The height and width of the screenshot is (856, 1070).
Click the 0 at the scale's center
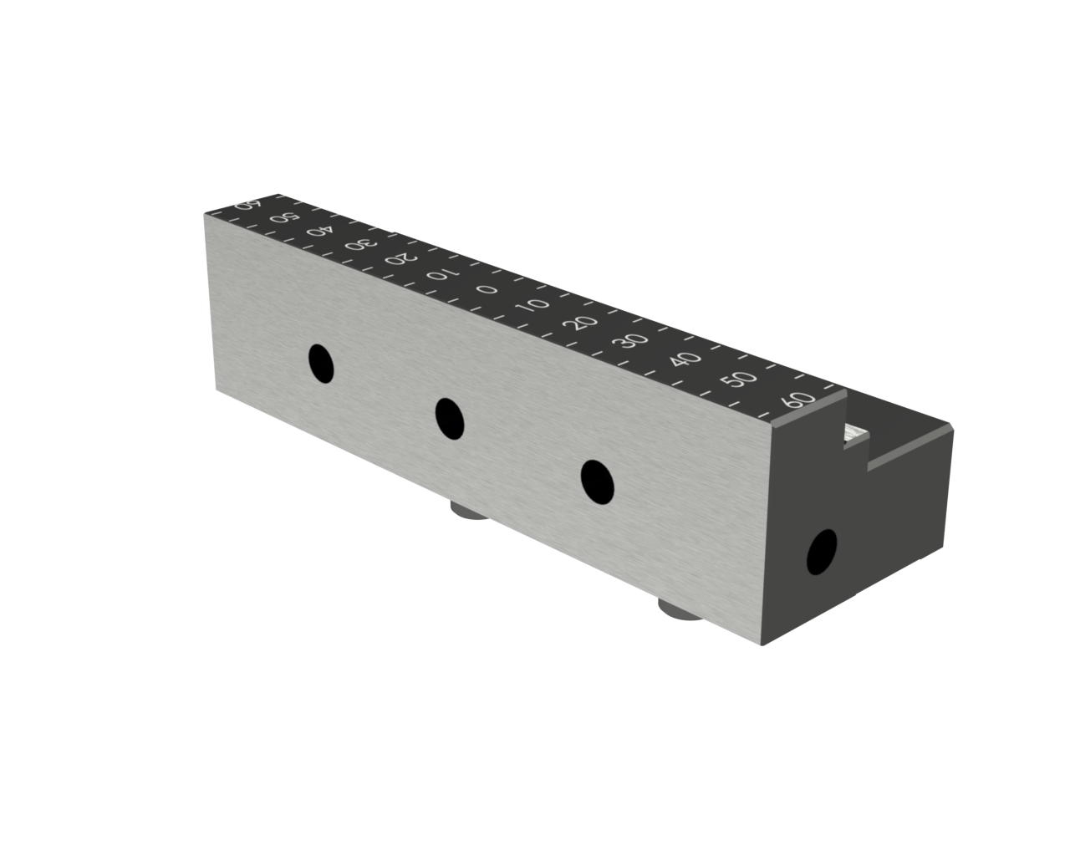[487, 289]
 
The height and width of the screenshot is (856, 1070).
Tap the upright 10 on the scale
[533, 305]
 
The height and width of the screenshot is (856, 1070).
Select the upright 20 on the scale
[581, 323]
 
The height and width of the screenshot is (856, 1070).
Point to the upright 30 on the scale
[631, 341]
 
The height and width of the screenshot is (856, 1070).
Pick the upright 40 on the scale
[685, 359]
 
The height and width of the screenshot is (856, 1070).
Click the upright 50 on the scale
[739, 379]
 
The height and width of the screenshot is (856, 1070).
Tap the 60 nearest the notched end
[799, 400]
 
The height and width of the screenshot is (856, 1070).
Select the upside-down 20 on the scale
[400, 258]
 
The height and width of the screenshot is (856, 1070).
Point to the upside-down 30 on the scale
[361, 244]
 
